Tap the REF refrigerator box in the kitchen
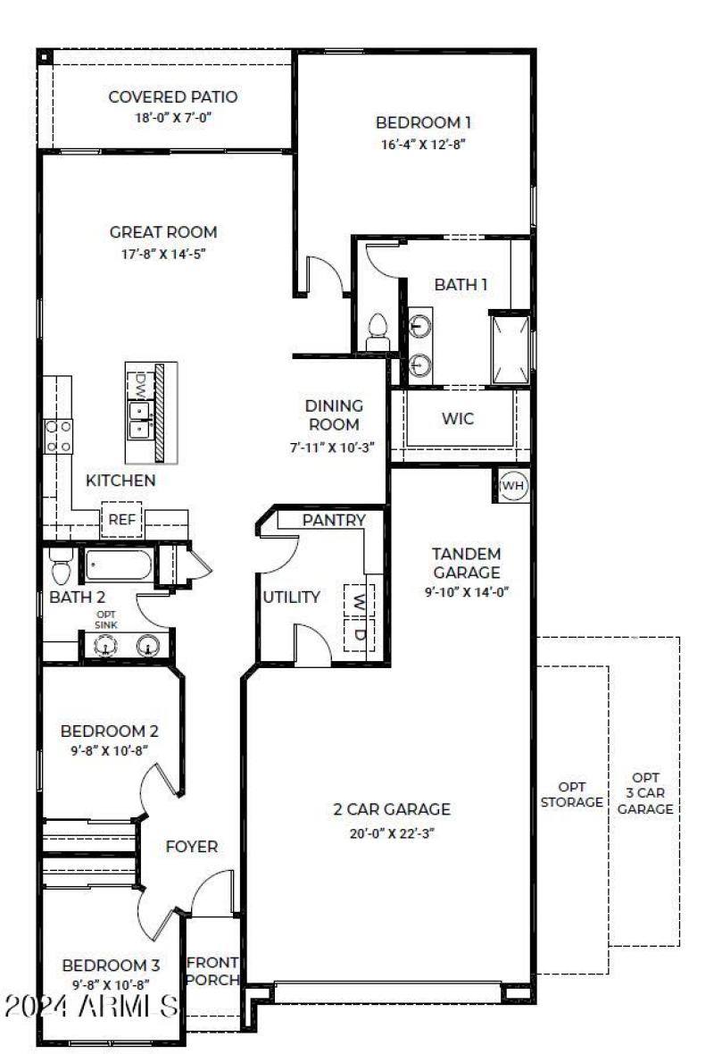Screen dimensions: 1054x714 tap(120, 520)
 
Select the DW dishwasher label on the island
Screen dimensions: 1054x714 tap(140, 385)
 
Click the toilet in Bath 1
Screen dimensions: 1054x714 tap(378, 330)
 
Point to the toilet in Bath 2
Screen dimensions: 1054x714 tap(61, 566)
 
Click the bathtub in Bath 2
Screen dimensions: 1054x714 tap(119, 565)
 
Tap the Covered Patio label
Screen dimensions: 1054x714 tap(172, 96)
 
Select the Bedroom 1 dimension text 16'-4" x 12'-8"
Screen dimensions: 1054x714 tap(422, 143)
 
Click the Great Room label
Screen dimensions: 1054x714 tap(163, 232)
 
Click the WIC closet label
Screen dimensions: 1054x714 tap(458, 418)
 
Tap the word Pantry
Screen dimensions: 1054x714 tap(333, 520)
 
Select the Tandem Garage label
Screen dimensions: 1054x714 tap(467, 563)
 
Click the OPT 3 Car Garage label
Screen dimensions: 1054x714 tap(645, 793)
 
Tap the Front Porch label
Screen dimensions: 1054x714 tap(212, 970)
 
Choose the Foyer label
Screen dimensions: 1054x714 tap(192, 846)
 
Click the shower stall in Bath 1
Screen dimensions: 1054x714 tap(510, 348)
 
